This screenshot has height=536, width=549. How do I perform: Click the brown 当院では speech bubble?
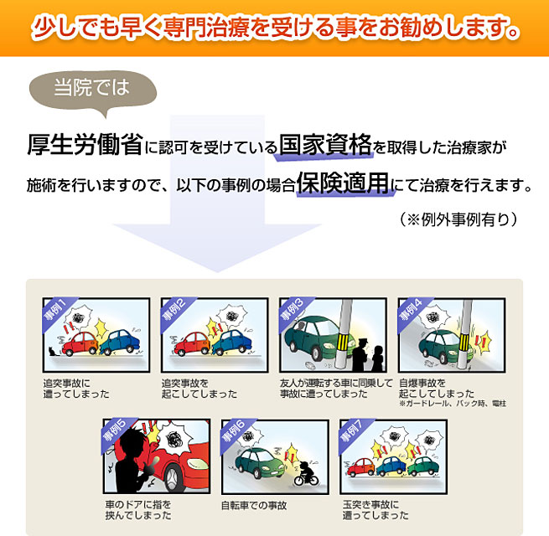click(93, 90)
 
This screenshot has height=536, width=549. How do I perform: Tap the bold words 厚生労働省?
click(85, 145)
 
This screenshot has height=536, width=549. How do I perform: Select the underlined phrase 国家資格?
click(325, 145)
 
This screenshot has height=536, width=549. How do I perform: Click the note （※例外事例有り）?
click(458, 219)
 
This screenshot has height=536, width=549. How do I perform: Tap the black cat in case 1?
click(53, 351)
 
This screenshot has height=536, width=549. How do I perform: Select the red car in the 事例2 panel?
click(192, 344)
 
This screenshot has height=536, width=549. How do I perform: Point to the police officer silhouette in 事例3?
click(360, 354)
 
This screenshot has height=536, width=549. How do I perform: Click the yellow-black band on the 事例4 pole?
click(464, 342)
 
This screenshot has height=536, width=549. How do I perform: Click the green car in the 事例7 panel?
click(423, 466)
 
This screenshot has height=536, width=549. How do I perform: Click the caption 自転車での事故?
click(254, 506)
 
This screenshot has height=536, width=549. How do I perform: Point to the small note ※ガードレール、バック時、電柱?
click(453, 404)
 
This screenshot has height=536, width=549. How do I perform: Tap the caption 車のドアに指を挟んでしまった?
click(138, 510)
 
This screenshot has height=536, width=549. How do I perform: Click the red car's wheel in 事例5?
click(173, 478)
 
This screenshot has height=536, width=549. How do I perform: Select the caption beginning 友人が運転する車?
click(336, 389)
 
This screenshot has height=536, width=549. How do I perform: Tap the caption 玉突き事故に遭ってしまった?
click(375, 510)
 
